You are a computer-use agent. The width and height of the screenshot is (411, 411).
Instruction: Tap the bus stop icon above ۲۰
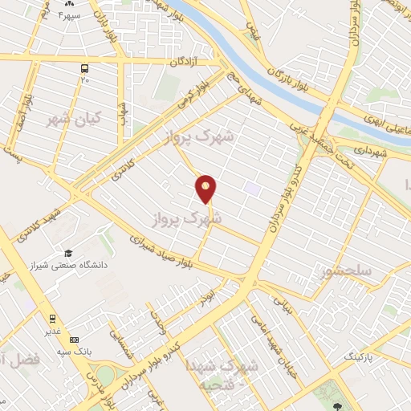pyautogui.click(x=84, y=69)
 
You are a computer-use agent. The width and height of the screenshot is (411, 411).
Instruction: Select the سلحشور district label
pyautogui.click(x=344, y=271)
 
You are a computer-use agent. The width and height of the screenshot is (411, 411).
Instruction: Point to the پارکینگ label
pyautogui.click(x=359, y=354)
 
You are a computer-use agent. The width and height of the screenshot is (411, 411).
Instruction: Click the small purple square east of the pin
pyautogui.click(x=253, y=189)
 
